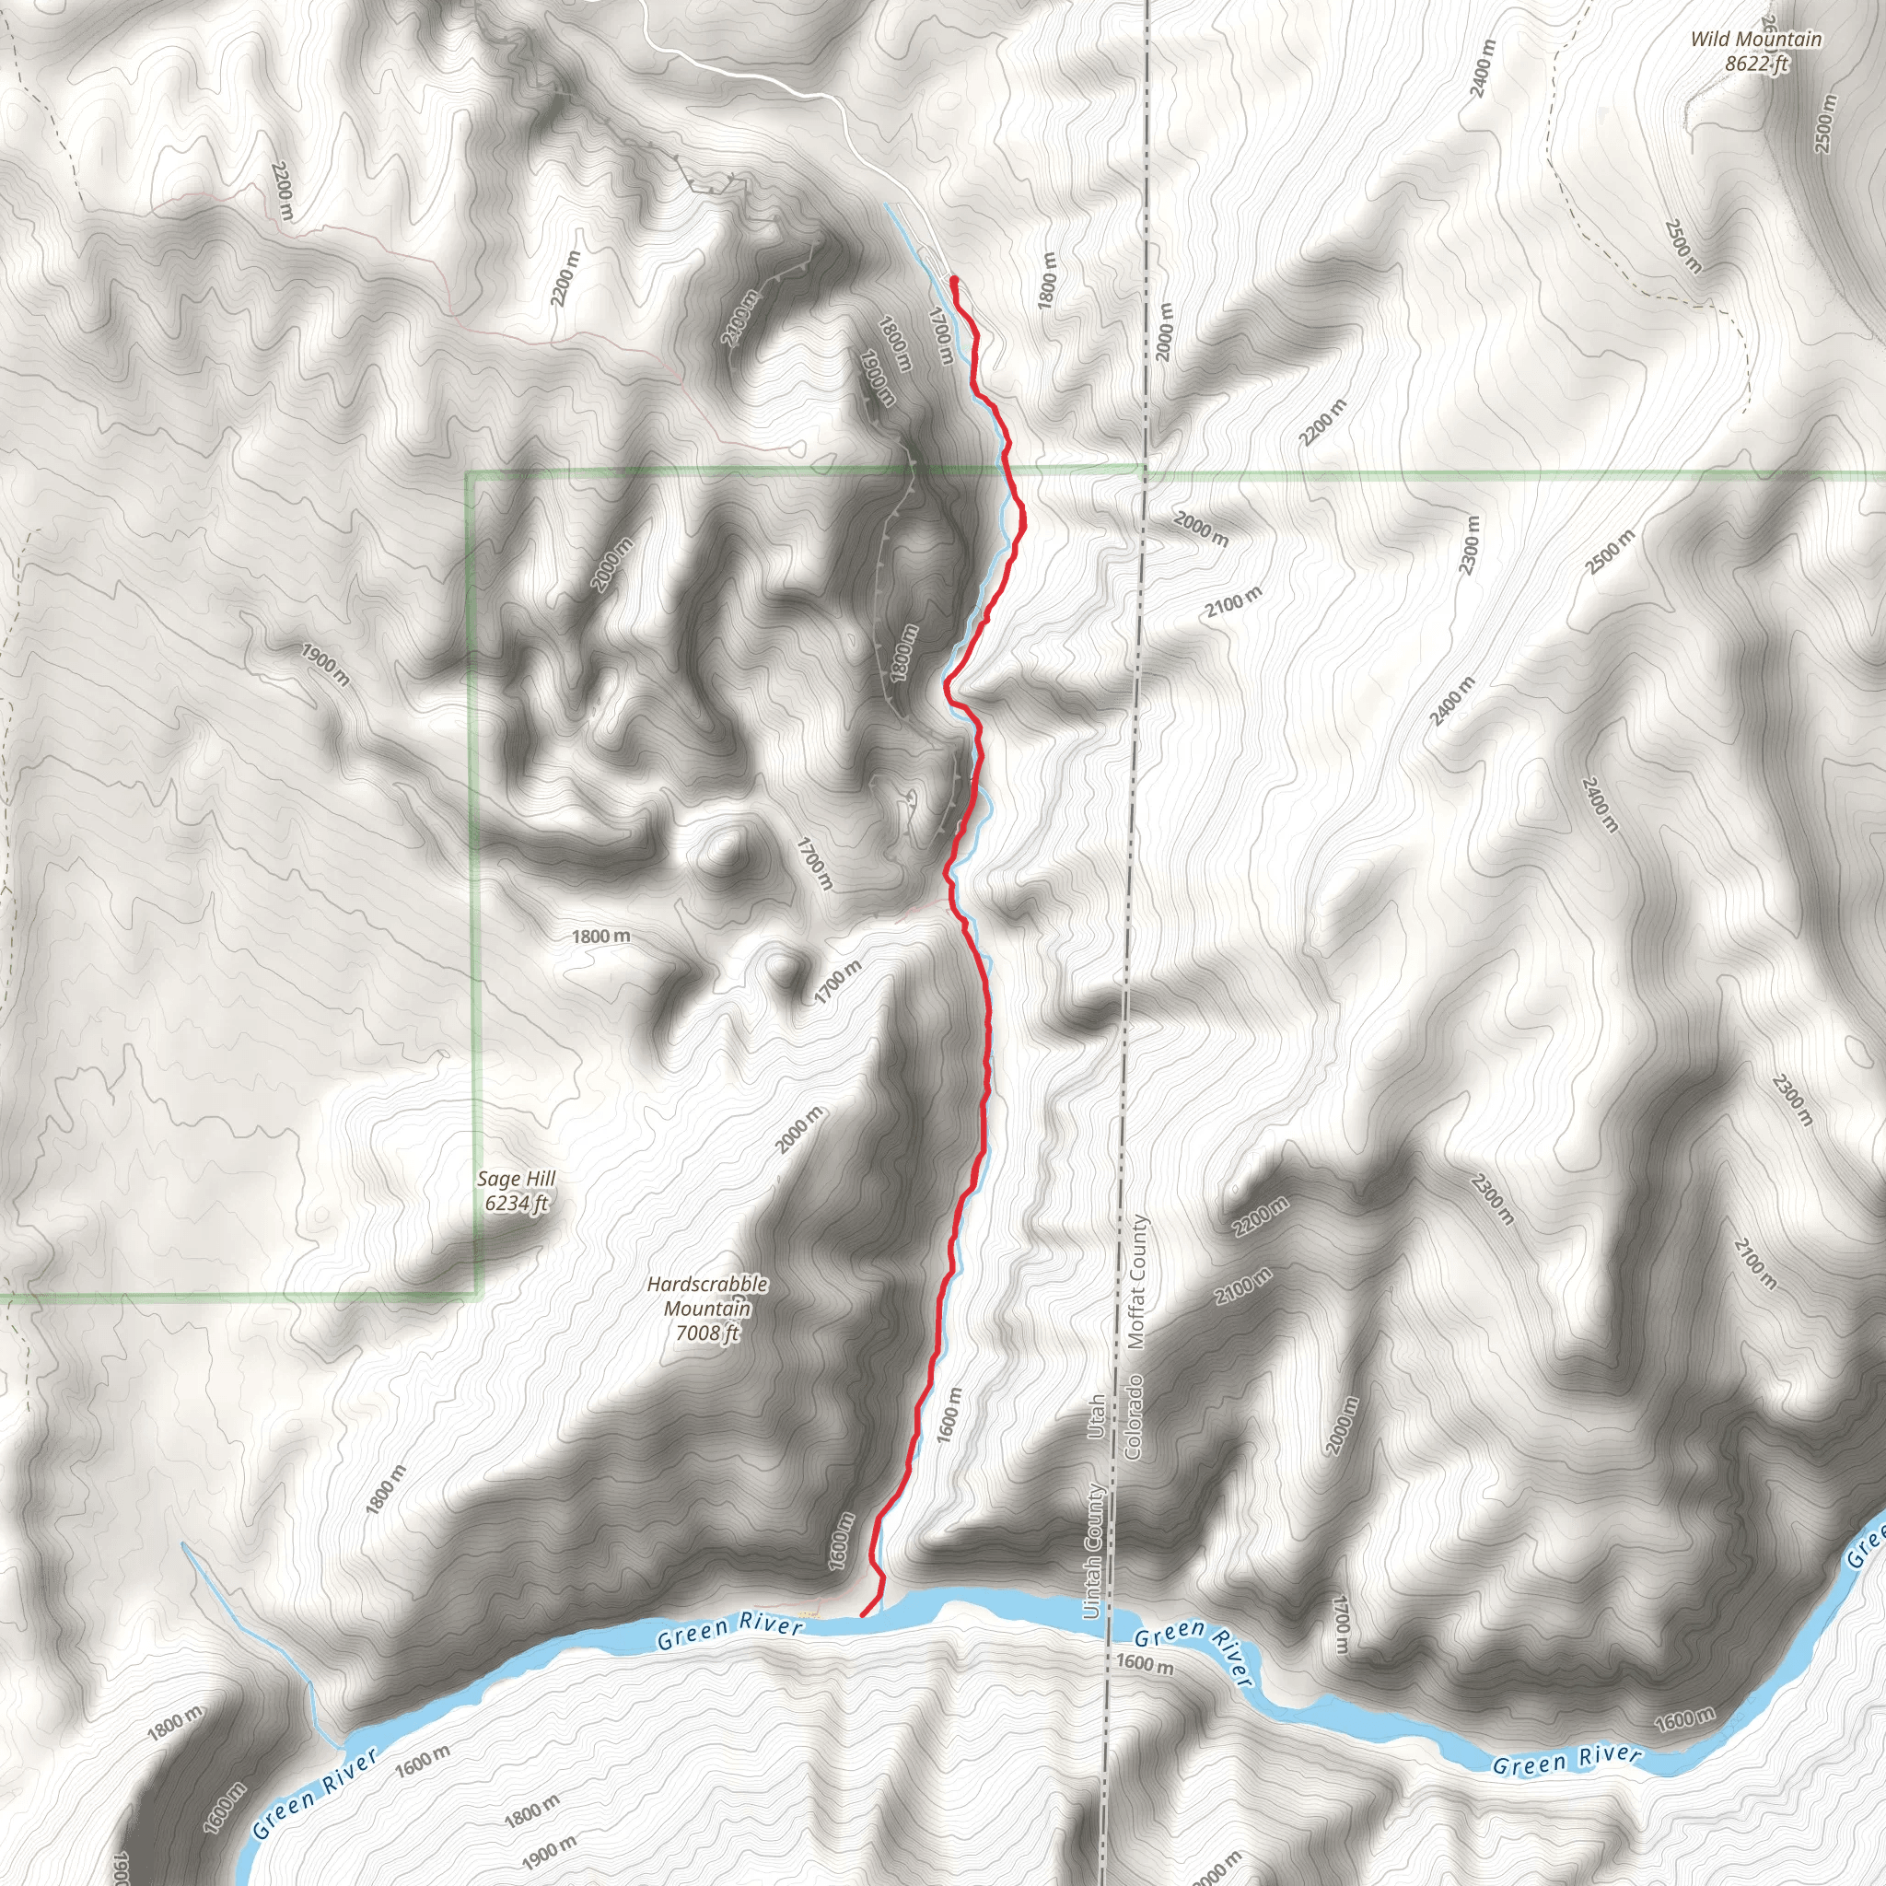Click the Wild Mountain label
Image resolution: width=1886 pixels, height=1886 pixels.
click(1755, 39)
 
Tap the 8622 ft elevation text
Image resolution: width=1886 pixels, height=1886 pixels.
click(1755, 64)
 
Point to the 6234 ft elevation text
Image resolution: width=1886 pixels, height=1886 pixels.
click(516, 1203)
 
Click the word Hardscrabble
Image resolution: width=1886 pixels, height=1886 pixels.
click(706, 1285)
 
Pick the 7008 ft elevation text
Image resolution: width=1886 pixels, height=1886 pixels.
click(706, 1333)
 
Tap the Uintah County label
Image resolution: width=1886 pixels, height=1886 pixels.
click(1094, 1551)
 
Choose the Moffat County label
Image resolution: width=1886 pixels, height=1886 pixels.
click(1136, 1282)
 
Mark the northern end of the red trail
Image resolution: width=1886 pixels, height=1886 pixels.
click(953, 280)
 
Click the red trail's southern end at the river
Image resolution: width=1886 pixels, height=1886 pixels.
click(861, 1615)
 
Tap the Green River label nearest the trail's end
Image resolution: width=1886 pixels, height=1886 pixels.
click(730, 1629)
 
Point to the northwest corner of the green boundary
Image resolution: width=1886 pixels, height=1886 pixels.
click(471, 475)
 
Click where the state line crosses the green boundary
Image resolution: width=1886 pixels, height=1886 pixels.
click(1145, 475)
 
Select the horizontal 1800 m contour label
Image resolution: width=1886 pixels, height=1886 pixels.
click(600, 937)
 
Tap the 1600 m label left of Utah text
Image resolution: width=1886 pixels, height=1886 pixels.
click(947, 1414)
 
